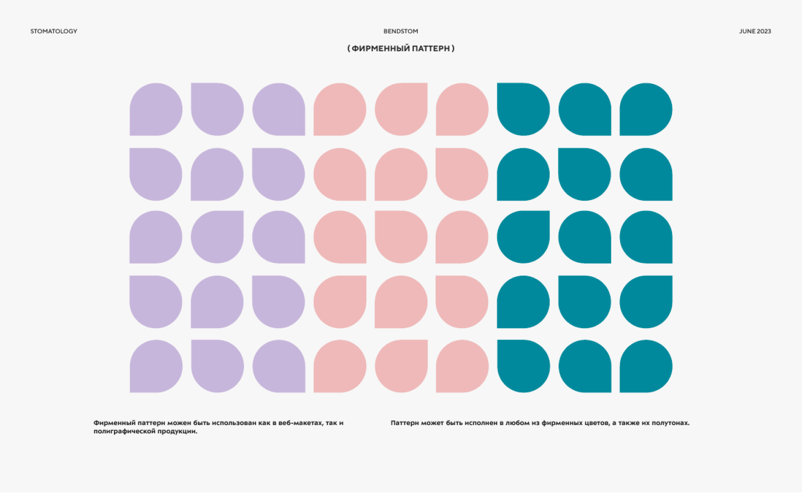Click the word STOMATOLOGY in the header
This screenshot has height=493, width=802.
pyautogui.click(x=54, y=31)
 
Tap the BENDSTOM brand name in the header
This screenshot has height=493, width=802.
pyautogui.click(x=400, y=31)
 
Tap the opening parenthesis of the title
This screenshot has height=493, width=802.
pyautogui.click(x=348, y=48)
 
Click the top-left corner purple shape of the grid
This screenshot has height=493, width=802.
pyautogui.click(x=156, y=109)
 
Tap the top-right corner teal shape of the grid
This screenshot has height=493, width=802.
pyautogui.click(x=646, y=109)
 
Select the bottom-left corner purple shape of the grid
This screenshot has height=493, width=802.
pyautogui.click(x=156, y=366)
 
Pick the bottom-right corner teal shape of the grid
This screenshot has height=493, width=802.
pyautogui.click(x=646, y=366)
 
